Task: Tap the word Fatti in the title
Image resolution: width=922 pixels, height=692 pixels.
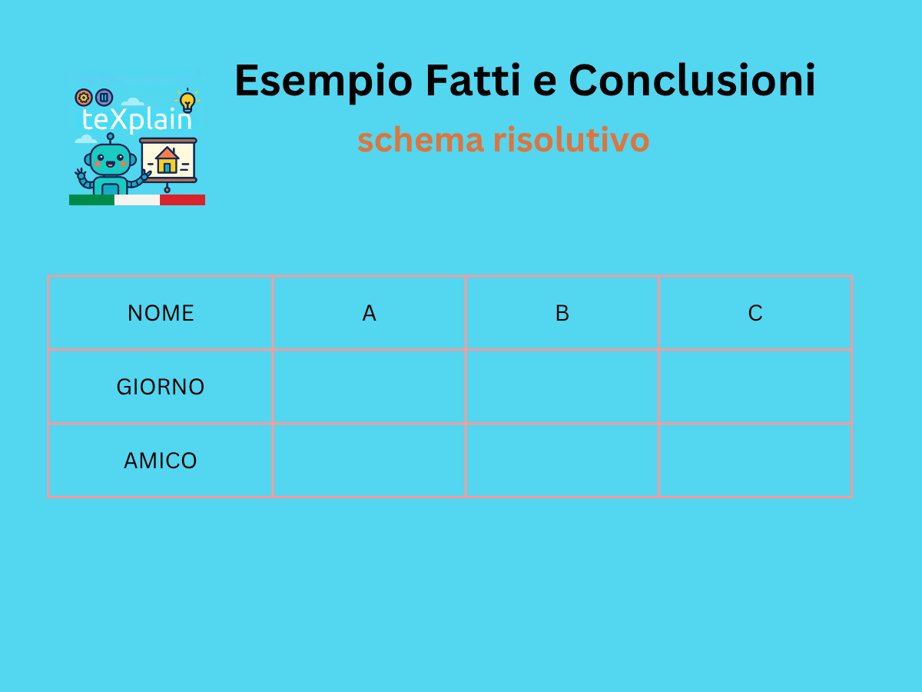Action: (x=473, y=80)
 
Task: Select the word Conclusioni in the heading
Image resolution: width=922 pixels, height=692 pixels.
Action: (x=691, y=80)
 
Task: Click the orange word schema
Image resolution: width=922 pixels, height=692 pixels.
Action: (x=420, y=140)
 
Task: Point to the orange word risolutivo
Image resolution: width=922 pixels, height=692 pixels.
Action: (x=572, y=140)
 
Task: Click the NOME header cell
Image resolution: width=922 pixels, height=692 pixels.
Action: (x=161, y=313)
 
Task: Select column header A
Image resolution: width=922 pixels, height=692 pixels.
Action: (x=370, y=313)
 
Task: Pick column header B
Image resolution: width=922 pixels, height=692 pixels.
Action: (x=562, y=313)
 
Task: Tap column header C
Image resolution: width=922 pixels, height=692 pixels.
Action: (x=755, y=313)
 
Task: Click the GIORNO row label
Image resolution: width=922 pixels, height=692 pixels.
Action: (x=161, y=387)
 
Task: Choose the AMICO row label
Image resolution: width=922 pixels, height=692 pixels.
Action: (x=161, y=461)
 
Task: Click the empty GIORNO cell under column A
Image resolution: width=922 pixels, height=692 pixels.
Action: (x=370, y=387)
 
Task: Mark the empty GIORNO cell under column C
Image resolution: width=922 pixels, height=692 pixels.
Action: (x=755, y=387)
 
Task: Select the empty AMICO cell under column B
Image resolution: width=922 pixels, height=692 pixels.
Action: (x=562, y=461)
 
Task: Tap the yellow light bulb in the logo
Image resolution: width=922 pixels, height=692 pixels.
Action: (x=187, y=101)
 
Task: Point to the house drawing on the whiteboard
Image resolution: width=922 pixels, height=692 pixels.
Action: (x=167, y=160)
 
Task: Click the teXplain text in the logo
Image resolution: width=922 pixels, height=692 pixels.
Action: (x=137, y=120)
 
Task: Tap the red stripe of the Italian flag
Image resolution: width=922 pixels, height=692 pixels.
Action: (x=182, y=200)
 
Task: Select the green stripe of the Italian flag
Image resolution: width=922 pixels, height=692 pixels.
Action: (x=91, y=200)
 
